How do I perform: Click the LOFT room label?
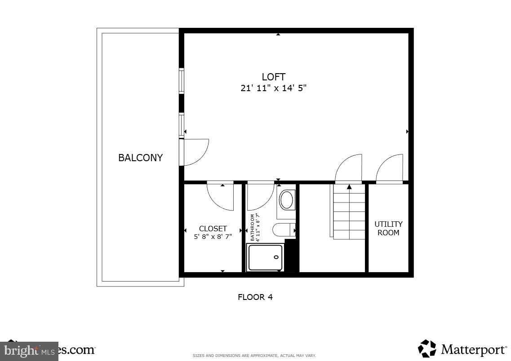tap(273, 77)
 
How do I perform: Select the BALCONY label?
tap(140, 158)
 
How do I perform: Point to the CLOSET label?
tap(213, 229)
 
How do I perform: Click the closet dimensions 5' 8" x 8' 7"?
tap(213, 237)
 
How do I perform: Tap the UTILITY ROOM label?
tap(388, 228)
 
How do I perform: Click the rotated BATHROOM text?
tap(252, 228)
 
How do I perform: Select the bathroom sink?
tap(287, 200)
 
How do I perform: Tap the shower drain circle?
tap(276, 257)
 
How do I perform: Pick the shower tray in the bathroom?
tap(265, 257)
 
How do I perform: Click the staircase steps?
tap(349, 213)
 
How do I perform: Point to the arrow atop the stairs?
tap(349, 186)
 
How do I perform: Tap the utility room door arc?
tap(390, 168)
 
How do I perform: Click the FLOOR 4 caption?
tap(255, 297)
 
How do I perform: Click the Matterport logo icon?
tap(427, 348)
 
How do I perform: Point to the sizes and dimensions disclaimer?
tap(254, 356)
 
